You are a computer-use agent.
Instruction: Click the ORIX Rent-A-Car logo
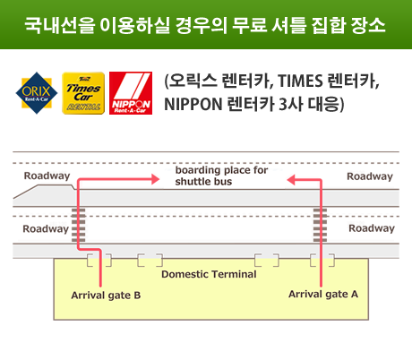click(x=37, y=93)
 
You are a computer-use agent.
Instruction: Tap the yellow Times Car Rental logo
click(x=83, y=93)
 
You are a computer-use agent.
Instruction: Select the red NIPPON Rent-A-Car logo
click(x=131, y=93)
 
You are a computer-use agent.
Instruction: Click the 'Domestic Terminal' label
click(x=209, y=274)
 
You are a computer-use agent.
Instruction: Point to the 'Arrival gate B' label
click(x=106, y=296)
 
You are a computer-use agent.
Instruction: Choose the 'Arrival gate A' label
click(x=323, y=294)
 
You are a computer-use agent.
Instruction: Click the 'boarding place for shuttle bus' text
click(x=221, y=176)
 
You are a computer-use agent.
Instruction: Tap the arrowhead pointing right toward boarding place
click(x=156, y=179)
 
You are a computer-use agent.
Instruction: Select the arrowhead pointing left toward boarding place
click(x=291, y=180)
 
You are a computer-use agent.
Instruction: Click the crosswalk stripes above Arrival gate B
click(x=79, y=226)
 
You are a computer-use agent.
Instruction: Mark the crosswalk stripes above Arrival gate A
click(x=320, y=226)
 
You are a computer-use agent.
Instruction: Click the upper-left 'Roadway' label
click(x=47, y=176)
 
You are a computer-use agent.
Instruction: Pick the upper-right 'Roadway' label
click(x=370, y=176)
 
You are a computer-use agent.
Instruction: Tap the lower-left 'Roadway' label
click(x=46, y=229)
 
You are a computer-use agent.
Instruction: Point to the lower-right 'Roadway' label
click(x=372, y=228)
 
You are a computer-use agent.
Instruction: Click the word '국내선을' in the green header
click(x=59, y=25)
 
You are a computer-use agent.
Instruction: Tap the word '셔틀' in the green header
click(x=289, y=25)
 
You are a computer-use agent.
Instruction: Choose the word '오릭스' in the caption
click(x=193, y=81)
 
